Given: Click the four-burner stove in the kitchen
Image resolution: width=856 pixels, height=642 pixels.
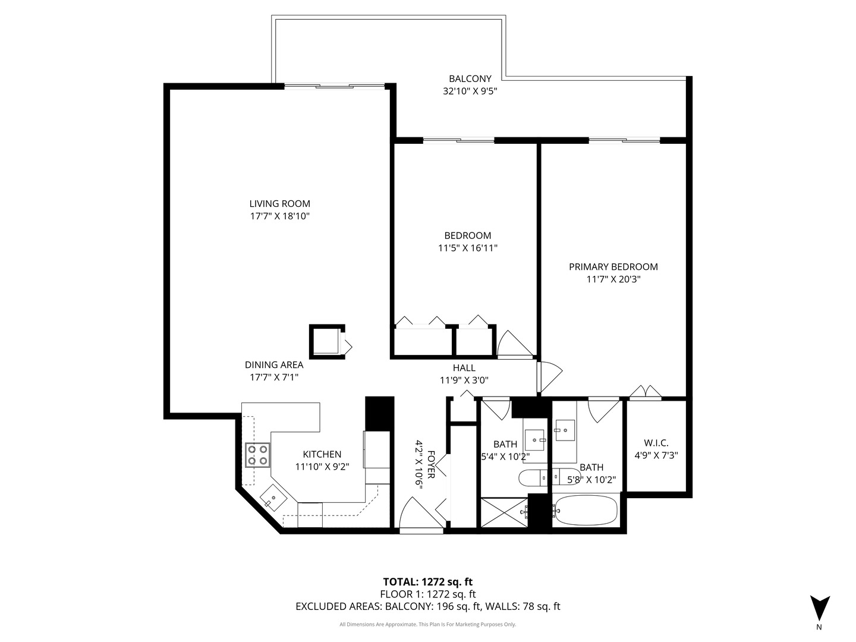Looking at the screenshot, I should tap(258, 455).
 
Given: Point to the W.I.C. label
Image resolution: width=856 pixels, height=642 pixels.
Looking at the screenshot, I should tap(656, 443).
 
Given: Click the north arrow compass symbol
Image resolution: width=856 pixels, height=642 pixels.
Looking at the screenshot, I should tap(820, 608).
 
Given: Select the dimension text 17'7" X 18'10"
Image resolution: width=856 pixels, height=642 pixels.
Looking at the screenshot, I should tap(279, 216).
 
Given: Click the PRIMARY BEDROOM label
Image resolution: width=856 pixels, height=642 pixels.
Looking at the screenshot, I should tap(613, 267).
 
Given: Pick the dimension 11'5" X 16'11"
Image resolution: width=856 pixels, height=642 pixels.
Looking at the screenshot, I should tap(467, 248).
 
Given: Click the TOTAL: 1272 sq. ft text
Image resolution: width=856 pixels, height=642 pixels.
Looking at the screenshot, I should tap(427, 582).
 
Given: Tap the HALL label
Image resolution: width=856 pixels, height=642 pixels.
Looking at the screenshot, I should tap(464, 368).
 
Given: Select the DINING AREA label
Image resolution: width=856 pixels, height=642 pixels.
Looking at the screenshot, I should tap(274, 365).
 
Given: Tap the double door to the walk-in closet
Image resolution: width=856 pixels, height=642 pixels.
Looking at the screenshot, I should tap(645, 393).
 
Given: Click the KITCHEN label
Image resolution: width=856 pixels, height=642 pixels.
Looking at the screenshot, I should tap(322, 454).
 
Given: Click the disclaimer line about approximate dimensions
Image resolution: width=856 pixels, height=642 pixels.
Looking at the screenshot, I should tap(427, 624).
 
